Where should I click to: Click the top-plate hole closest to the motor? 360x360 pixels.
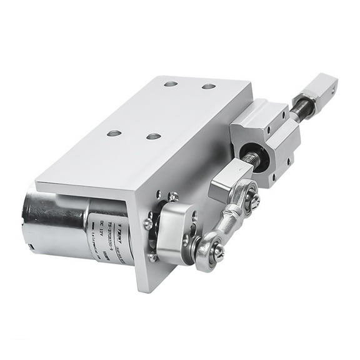114,133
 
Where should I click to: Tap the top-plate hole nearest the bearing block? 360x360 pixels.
209,86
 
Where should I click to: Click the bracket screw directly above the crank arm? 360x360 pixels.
172,197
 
